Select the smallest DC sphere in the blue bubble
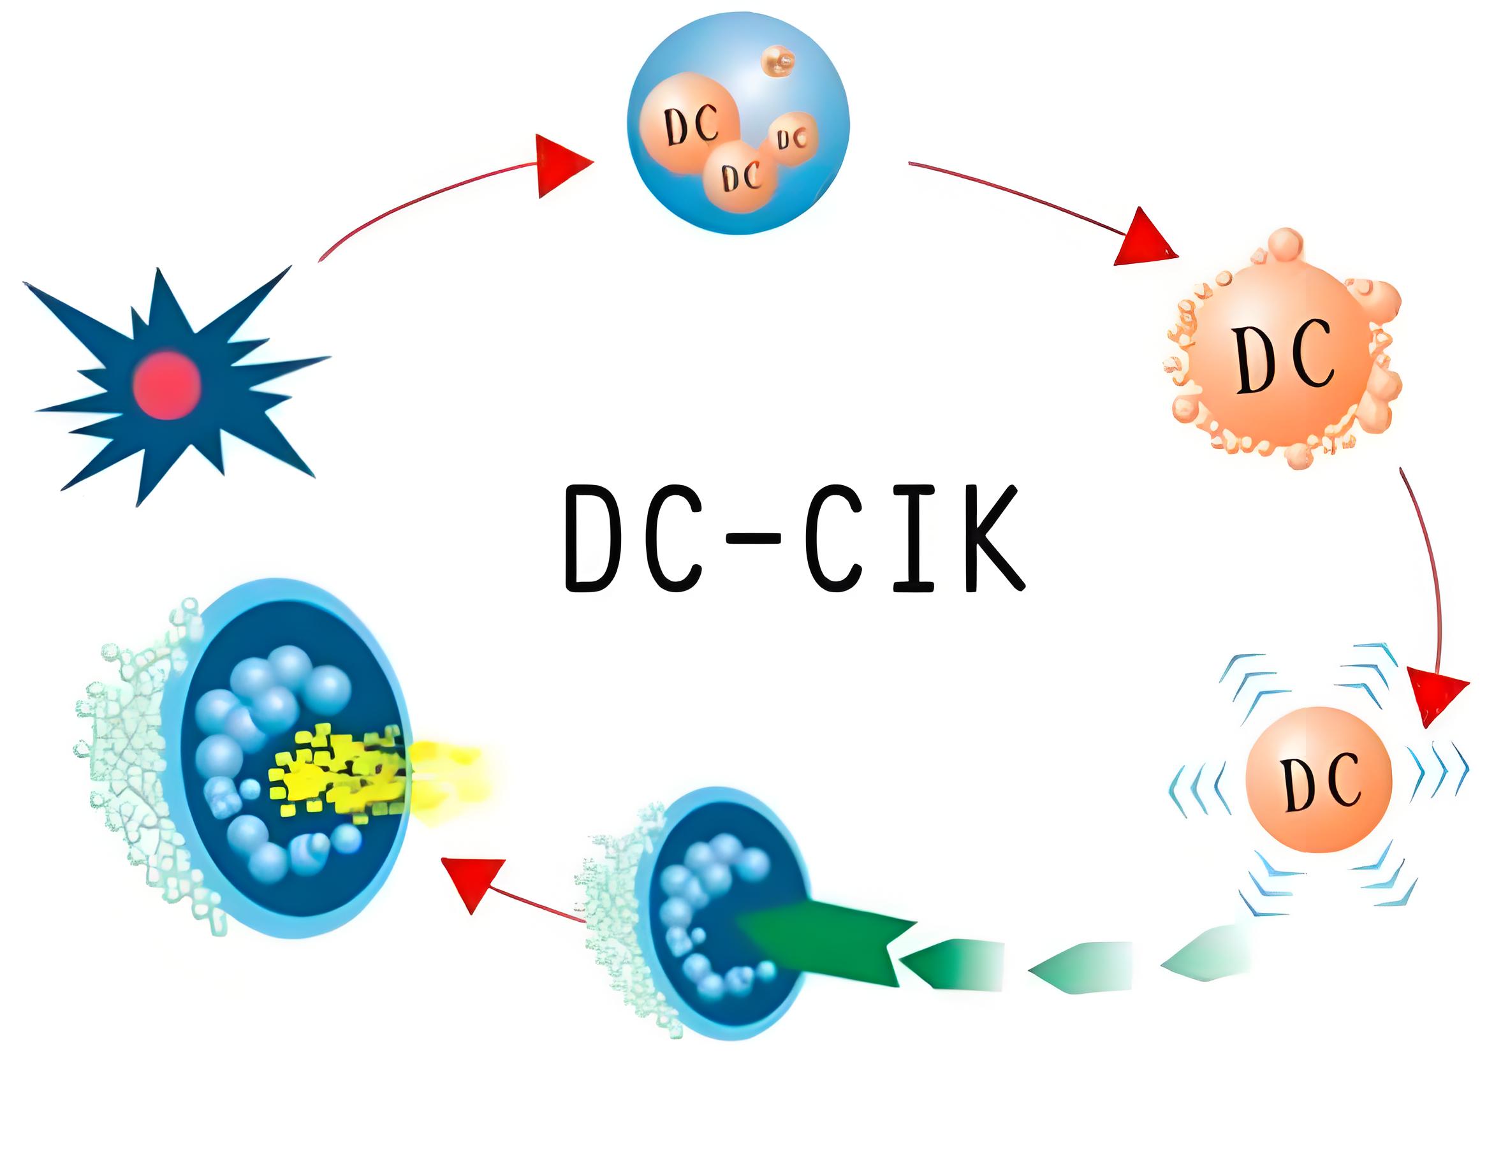point(792,140)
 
